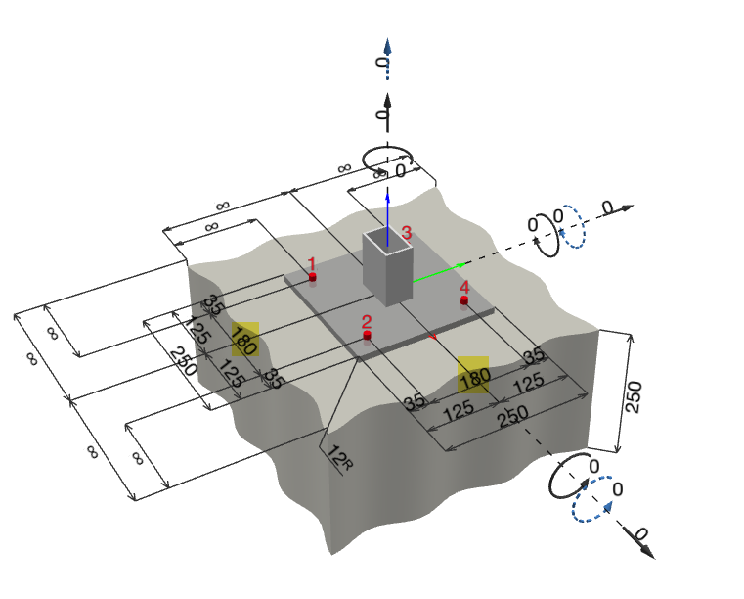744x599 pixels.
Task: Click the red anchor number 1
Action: coord(312,263)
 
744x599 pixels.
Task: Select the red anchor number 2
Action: coord(367,321)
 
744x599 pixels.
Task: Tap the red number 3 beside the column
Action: coord(407,233)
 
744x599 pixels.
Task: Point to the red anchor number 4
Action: coord(464,287)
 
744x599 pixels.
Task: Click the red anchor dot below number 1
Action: coord(312,278)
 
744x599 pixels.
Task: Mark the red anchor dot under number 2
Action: coord(367,336)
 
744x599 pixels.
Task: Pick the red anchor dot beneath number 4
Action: coord(464,300)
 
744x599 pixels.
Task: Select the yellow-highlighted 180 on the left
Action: coord(244,340)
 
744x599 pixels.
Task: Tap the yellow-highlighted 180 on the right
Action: coord(473,374)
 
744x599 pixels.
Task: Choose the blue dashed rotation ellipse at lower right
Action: coord(594,500)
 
